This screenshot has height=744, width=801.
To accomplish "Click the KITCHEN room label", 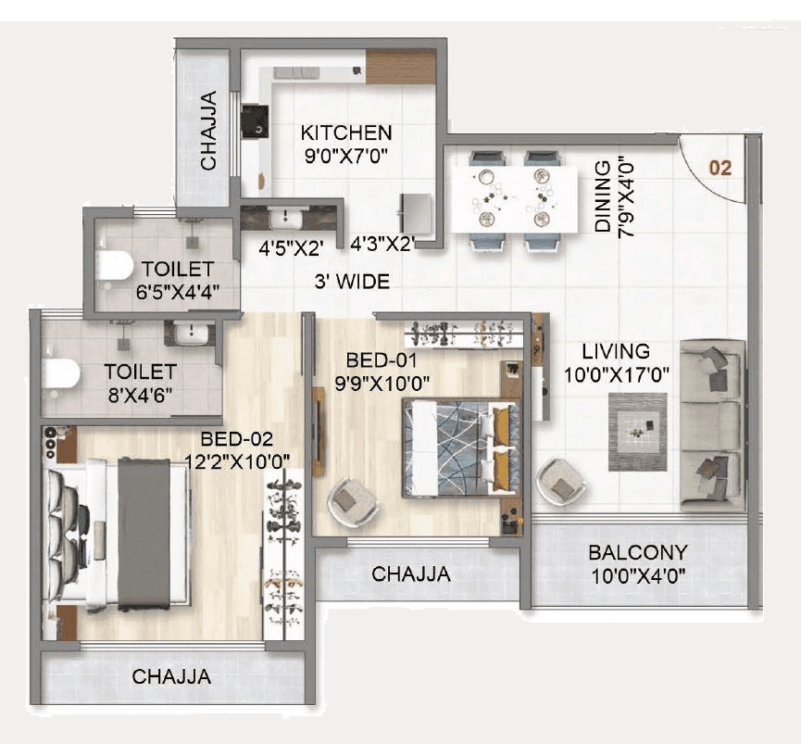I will (345, 132).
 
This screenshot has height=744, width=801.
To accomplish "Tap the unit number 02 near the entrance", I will (720, 168).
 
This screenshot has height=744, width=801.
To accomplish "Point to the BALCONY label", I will (638, 553).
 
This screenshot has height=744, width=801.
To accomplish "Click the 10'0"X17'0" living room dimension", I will (616, 374).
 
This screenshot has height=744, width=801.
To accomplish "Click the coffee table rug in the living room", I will (637, 431).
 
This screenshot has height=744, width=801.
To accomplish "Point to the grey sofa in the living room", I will (711, 424).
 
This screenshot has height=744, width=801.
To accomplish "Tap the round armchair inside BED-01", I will (354, 501).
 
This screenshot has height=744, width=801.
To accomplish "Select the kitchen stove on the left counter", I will (255, 122).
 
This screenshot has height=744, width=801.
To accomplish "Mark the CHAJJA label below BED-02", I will (171, 676).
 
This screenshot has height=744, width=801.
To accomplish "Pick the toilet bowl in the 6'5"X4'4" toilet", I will (114, 266).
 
